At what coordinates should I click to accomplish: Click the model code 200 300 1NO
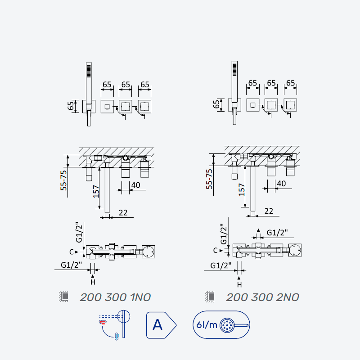pyautogui.click(x=115, y=297)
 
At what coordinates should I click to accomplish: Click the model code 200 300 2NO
pyautogui.click(x=262, y=297)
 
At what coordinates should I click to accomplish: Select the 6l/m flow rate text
pyautogui.click(x=207, y=325)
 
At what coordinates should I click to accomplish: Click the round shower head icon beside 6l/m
pyautogui.click(x=227, y=325)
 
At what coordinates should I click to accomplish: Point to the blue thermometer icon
pyautogui.click(x=117, y=336)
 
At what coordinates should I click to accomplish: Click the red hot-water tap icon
pyautogui.click(x=103, y=322)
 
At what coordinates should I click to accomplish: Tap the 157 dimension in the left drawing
pyautogui.click(x=96, y=192)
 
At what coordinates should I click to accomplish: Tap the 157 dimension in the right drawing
pyautogui.click(x=242, y=189)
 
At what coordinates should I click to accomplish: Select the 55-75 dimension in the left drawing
pyautogui.click(x=63, y=180)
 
